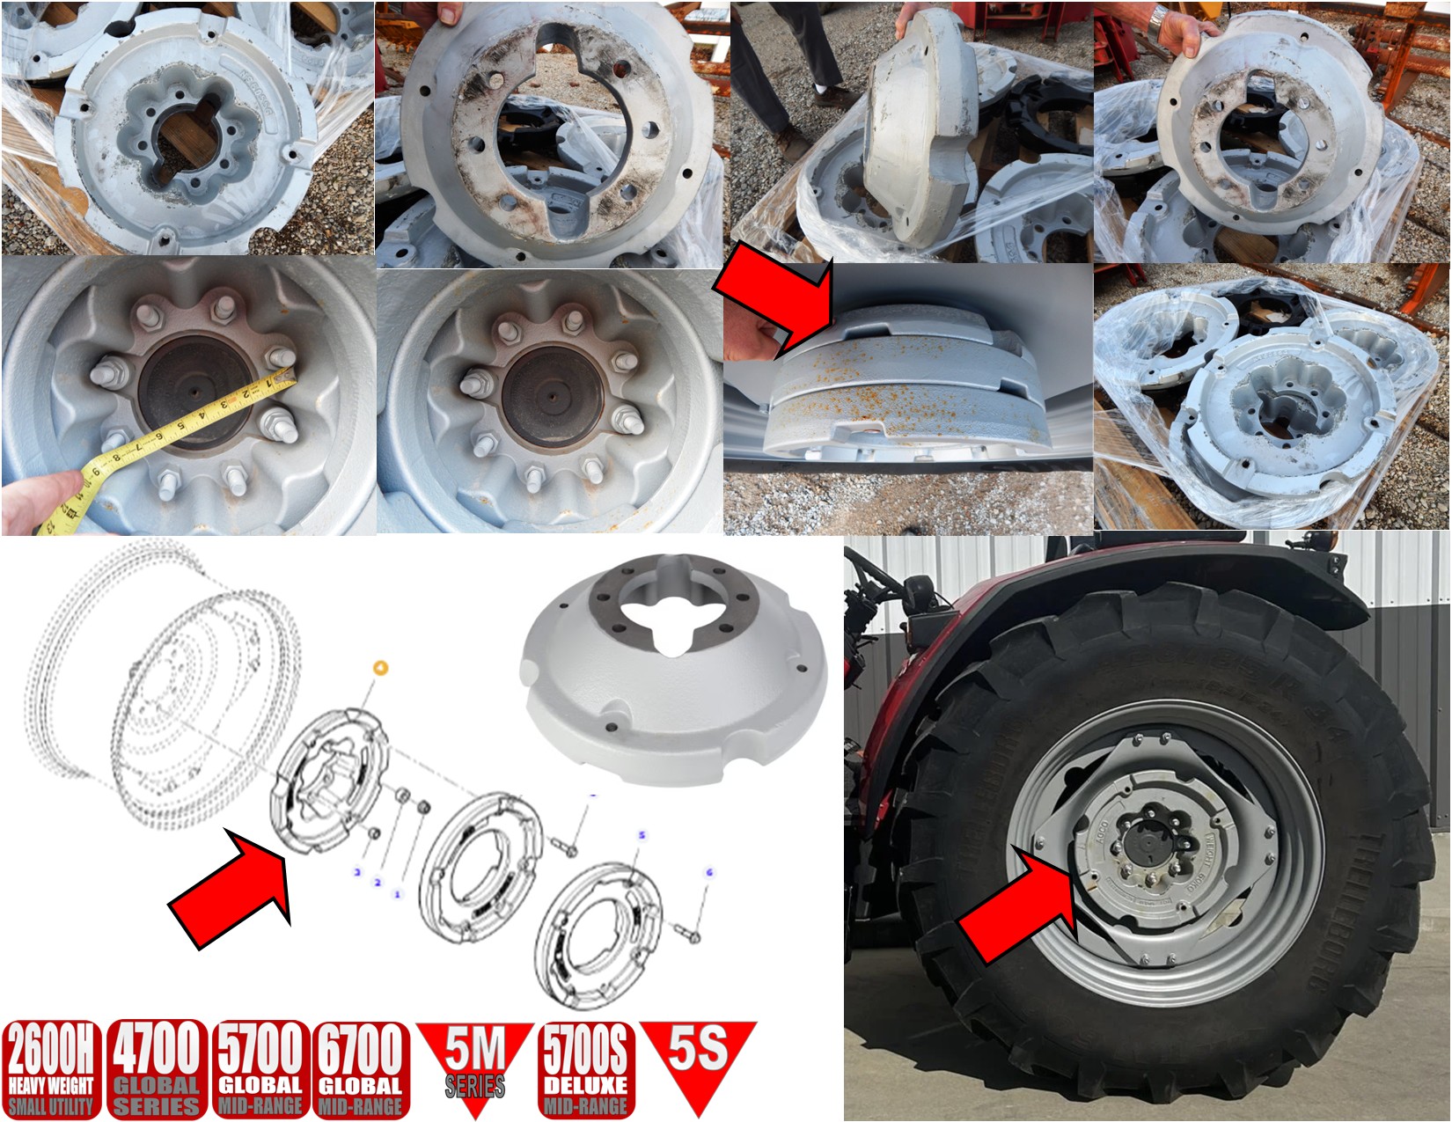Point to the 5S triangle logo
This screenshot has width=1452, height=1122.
698,1056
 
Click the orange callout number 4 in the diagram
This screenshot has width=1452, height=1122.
380,668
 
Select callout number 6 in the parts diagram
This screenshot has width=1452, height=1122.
709,873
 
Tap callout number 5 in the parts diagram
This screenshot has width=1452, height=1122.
642,834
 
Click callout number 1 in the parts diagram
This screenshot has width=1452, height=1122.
397,894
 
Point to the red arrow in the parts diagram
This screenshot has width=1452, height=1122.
233,889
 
